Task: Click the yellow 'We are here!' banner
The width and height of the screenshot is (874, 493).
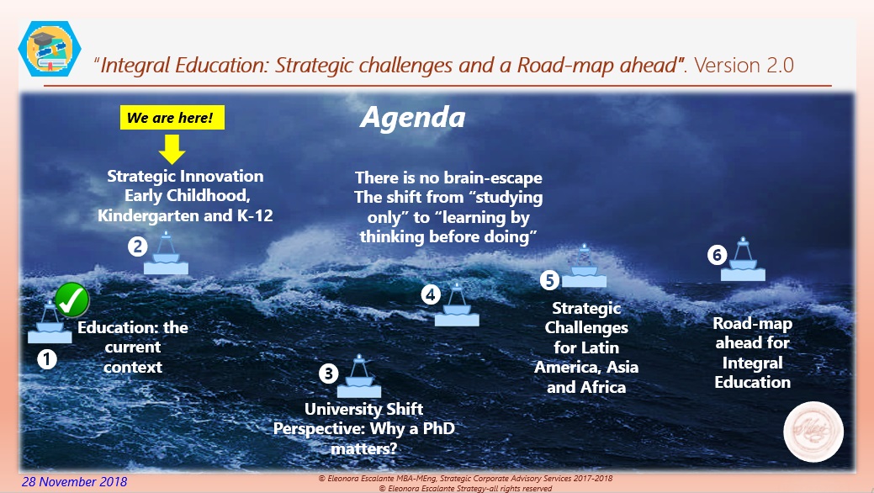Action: [172, 118]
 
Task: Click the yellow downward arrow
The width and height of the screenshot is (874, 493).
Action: [172, 149]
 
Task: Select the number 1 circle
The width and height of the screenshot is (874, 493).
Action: [47, 359]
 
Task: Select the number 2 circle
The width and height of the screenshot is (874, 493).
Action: [137, 246]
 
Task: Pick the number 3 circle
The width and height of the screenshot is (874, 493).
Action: [329, 373]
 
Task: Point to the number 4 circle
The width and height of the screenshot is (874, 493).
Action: [430, 294]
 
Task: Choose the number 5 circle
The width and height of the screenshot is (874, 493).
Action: [549, 279]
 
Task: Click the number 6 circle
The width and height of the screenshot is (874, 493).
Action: [717, 254]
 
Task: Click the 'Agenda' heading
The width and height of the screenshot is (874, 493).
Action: [412, 117]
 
